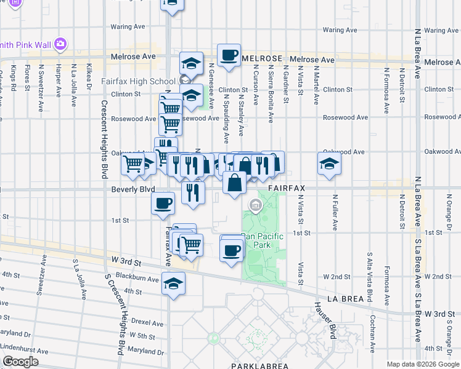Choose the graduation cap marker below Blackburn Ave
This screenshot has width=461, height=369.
[173, 284]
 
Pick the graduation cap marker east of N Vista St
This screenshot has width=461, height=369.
[329, 164]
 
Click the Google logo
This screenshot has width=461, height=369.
[20, 362]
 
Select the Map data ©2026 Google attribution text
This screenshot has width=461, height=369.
[423, 364]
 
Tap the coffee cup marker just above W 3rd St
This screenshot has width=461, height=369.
[232, 250]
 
